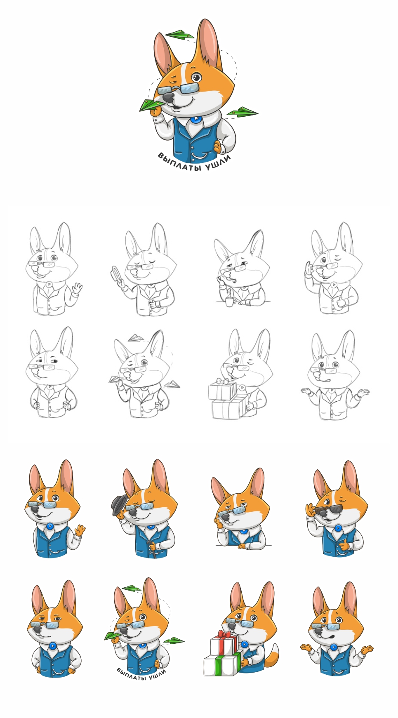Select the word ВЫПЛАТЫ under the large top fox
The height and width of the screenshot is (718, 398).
[x=181, y=164]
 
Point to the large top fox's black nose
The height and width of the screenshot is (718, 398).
[x=168, y=98]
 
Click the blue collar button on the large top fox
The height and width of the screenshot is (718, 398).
[x=196, y=119]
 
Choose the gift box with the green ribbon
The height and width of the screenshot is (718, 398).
[x=223, y=662]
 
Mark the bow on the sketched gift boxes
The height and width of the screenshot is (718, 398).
[x=224, y=381]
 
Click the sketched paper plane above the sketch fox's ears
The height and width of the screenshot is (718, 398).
[x=136, y=338]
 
